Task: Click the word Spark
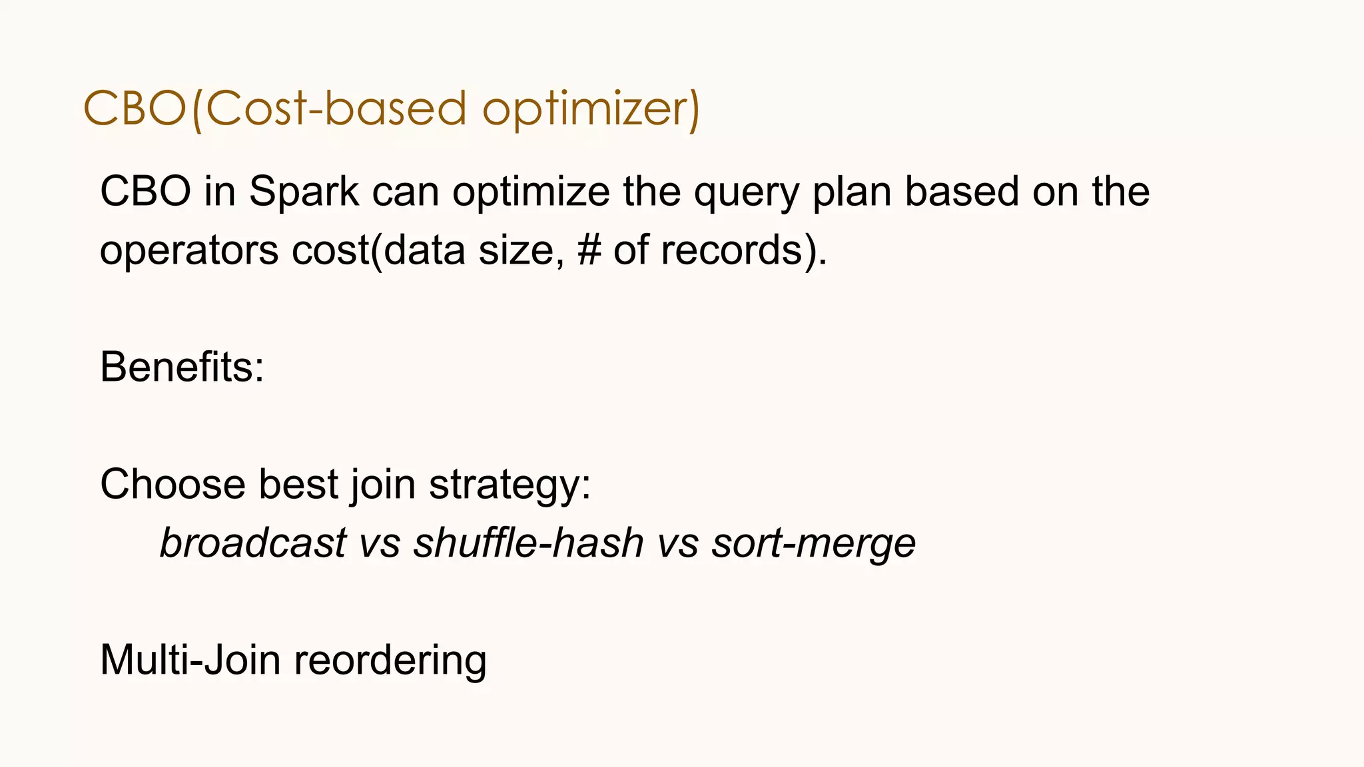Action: [304, 192]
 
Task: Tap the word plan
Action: [851, 192]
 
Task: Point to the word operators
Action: [189, 250]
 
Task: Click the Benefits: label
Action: [182, 367]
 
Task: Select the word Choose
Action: [172, 484]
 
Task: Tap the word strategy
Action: [510, 484]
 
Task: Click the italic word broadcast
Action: [253, 543]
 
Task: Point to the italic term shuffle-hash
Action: [528, 543]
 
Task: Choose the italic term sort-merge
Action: [813, 543]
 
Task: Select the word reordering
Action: [390, 660]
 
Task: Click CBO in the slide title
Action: [135, 109]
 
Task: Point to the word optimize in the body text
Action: [531, 192]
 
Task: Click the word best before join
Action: [298, 484]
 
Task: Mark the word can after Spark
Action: [405, 192]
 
